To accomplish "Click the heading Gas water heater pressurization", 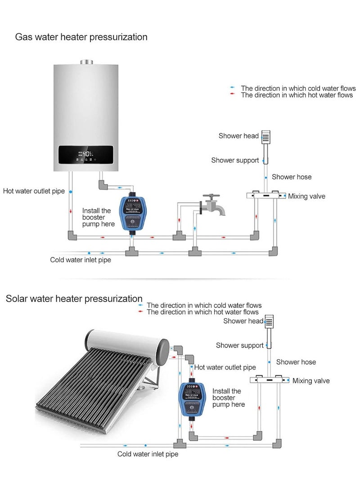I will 81,37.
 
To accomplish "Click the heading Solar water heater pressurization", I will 74,299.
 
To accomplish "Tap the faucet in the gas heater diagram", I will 211,205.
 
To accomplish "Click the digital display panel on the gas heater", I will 85,156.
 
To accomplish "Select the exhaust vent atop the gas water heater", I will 85,62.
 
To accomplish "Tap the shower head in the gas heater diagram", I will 266,137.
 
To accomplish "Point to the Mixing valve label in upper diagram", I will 306,196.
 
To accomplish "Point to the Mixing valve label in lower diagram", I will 311,381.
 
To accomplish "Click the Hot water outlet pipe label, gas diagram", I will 34,191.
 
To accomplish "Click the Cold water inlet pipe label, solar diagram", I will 148,454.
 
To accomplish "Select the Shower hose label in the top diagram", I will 292,177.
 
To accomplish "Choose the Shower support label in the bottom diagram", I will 239,345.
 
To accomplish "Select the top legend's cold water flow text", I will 298,88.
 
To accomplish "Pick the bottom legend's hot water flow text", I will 202,312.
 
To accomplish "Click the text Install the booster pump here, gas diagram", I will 98,217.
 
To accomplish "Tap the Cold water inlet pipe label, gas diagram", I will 81,260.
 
